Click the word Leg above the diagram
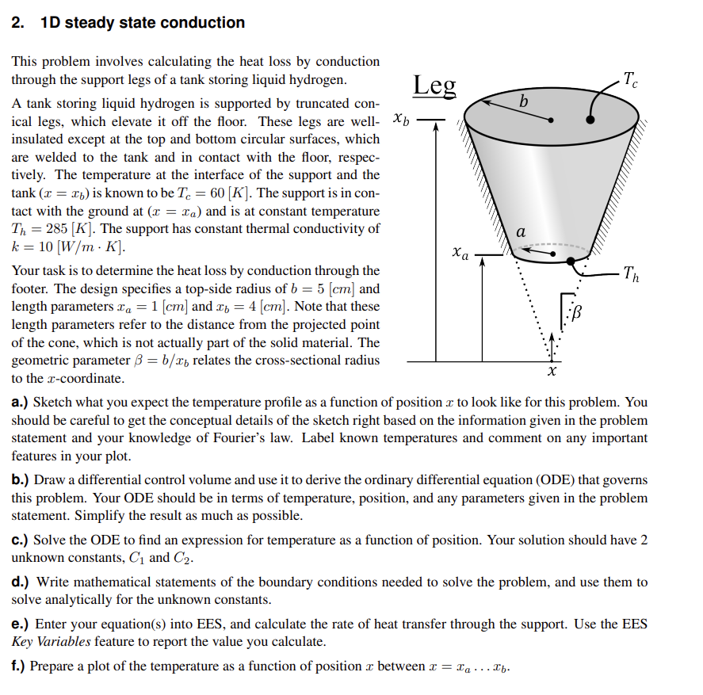click(x=434, y=85)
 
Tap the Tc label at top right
click(x=630, y=79)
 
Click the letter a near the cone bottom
click(x=520, y=232)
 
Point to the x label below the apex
click(x=552, y=370)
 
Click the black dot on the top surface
click(x=590, y=120)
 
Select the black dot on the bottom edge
click(x=570, y=261)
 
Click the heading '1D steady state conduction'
click(x=143, y=23)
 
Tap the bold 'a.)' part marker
click(x=21, y=403)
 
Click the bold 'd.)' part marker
click(x=21, y=582)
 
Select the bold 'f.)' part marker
click(x=19, y=666)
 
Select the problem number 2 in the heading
click(x=17, y=23)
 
